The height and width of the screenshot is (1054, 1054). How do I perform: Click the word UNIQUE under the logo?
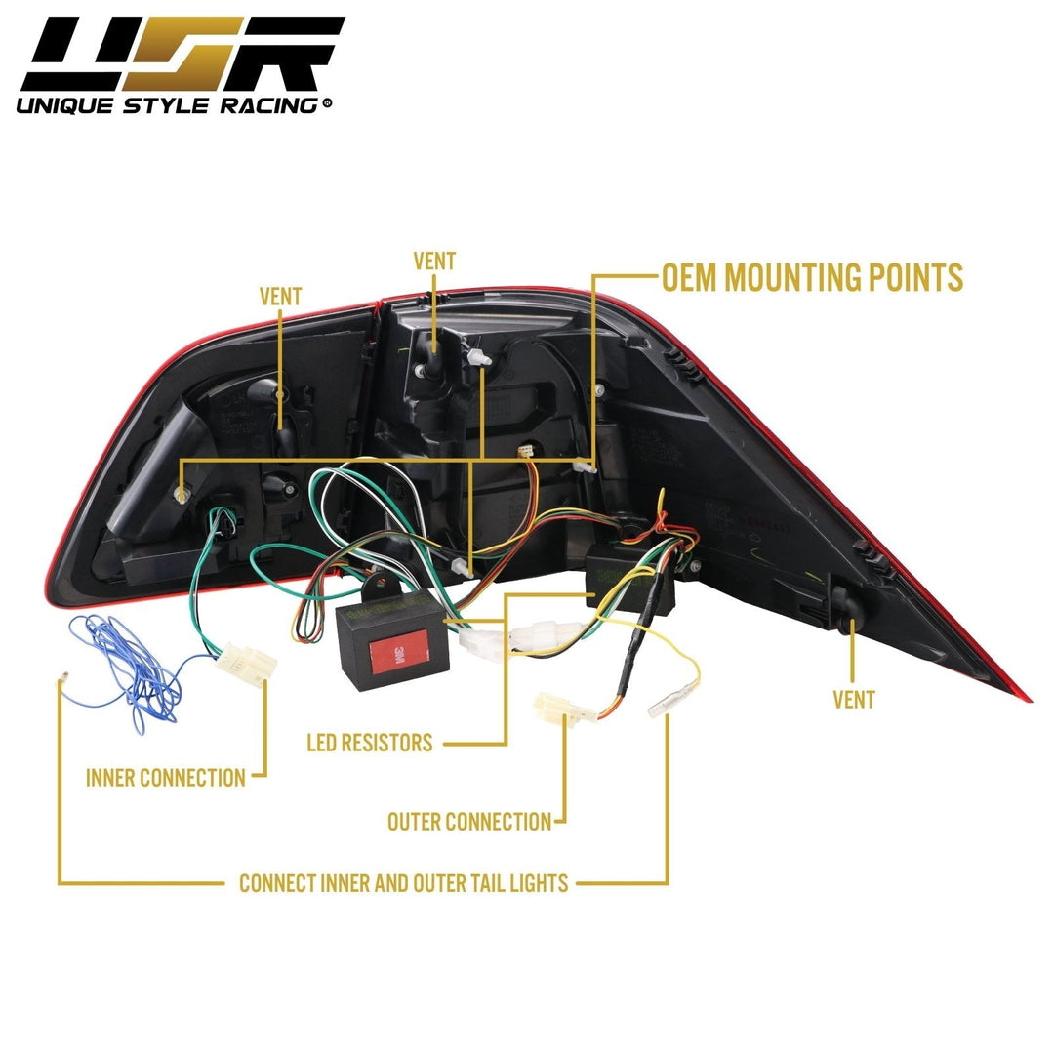[64, 104]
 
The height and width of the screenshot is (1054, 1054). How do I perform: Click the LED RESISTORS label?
[369, 743]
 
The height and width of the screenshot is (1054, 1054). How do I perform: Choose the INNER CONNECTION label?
[165, 778]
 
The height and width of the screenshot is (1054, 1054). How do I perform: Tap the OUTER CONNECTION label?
[469, 822]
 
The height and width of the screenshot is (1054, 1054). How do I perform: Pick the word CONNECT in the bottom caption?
[277, 884]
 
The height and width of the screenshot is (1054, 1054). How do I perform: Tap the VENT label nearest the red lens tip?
[853, 699]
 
